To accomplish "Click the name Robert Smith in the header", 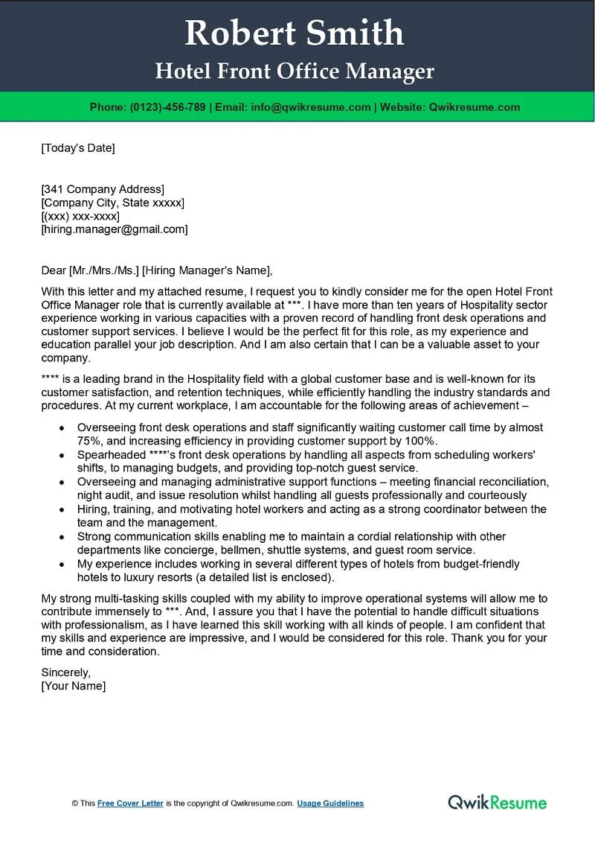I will click(295, 33).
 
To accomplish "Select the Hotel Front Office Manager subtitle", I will click(295, 71).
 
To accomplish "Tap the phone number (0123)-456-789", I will click(167, 107).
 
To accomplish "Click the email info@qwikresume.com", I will click(310, 107).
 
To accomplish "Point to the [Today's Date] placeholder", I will click(78, 147).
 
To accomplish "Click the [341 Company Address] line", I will click(103, 189).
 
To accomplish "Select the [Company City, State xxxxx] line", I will click(112, 203).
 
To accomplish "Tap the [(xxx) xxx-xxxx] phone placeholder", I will click(80, 216).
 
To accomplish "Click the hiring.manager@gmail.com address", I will click(115, 229).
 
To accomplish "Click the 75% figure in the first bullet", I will click(89, 441).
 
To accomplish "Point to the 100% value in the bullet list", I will click(422, 441).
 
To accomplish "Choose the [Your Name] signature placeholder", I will click(74, 686).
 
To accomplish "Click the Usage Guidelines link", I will click(330, 804).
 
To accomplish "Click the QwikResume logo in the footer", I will click(497, 802).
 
